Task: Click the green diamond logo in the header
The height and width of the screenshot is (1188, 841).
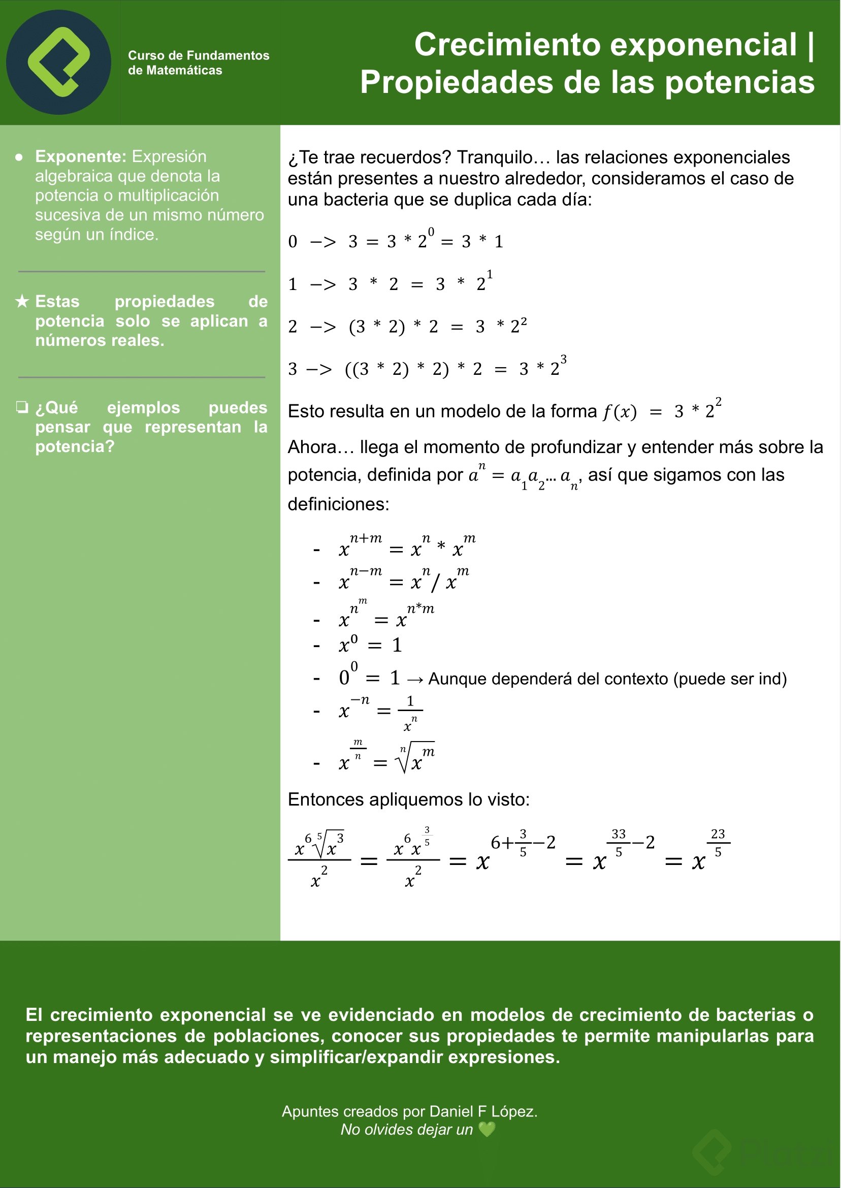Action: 58,62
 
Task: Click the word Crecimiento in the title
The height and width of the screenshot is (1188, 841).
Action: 501,45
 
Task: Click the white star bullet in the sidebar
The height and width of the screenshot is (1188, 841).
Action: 22,301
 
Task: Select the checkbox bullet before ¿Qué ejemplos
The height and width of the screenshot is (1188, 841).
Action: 22,407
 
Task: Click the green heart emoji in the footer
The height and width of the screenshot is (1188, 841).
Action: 487,1130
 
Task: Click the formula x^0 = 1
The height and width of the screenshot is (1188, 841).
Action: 370,645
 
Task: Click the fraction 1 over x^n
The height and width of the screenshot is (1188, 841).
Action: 410,713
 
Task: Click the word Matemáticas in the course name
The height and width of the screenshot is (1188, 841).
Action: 184,71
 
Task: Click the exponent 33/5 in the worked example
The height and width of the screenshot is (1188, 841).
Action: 619,843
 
